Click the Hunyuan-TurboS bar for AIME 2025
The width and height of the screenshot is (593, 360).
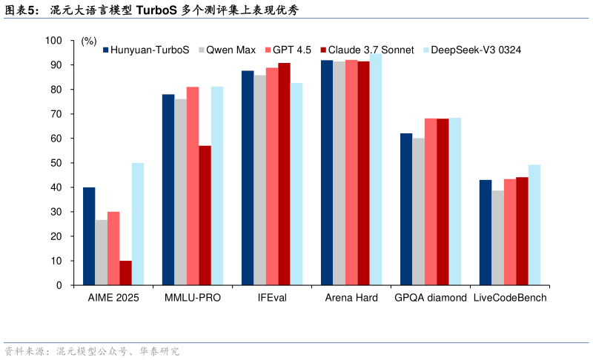point(89,236)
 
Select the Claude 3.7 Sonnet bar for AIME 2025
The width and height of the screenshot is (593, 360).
point(125,273)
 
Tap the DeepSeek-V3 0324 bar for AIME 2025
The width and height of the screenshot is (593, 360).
point(138,224)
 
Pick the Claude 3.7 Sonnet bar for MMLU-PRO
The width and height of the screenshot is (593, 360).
point(205,216)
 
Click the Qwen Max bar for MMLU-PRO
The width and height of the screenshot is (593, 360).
point(180,192)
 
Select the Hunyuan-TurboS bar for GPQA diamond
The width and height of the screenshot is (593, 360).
point(406,209)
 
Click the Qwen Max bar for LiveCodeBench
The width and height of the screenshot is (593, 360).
point(497,238)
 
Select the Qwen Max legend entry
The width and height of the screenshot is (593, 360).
point(226,50)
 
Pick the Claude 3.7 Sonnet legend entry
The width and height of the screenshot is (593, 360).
point(367,50)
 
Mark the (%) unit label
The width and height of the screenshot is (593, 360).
point(89,41)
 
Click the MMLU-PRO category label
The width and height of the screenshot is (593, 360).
point(192,298)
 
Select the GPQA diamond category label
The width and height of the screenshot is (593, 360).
point(431,298)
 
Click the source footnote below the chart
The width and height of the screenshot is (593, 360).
point(92,351)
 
